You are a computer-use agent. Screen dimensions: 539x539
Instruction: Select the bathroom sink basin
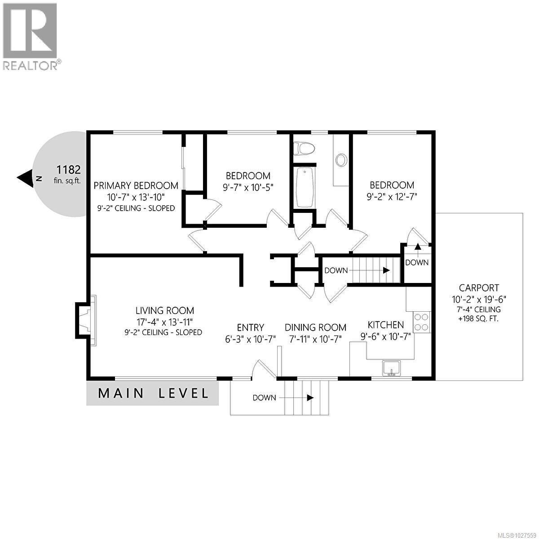tap(342, 160)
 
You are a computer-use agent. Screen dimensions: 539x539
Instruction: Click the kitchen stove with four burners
tap(421, 322)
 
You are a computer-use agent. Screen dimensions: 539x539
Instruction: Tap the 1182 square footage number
tap(68, 170)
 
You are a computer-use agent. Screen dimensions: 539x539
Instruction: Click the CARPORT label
tap(479, 288)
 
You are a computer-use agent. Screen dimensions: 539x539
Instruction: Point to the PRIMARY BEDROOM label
tap(136, 186)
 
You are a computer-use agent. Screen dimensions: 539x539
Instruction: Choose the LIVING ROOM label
tap(165, 310)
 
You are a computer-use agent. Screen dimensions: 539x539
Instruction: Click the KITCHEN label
tap(386, 325)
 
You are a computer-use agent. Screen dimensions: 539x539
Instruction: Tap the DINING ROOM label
tap(315, 327)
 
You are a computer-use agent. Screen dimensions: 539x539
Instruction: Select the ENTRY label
tap(251, 327)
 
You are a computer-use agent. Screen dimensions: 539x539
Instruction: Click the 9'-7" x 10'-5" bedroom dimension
tap(248, 187)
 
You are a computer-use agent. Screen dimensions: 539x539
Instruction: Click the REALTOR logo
tap(31, 36)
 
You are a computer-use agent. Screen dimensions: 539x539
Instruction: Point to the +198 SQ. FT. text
tap(479, 319)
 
